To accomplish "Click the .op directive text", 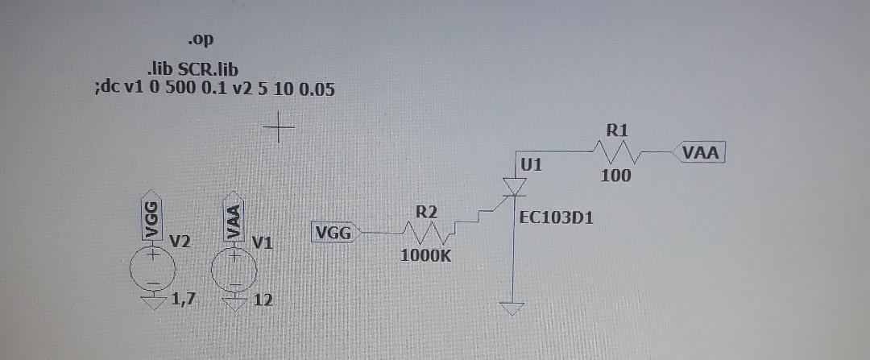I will pos(202,39).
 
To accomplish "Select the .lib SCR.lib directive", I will pos(193,71).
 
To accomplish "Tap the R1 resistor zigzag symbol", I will pos(616,151).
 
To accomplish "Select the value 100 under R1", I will pos(616,175).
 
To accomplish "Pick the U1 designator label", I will pos(532,165).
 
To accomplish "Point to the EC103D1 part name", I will pos(557,217).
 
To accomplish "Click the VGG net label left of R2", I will pos(334,234).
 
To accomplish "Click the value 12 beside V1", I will pos(263,301).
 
